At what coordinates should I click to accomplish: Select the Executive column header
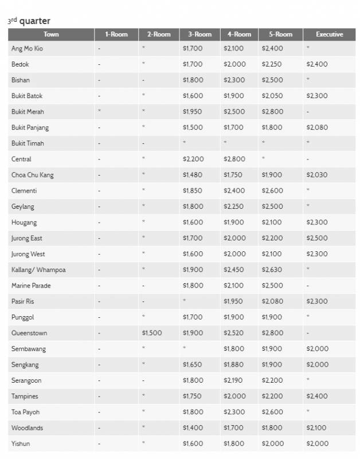pyautogui.click(x=329, y=34)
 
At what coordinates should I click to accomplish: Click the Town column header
pyautogui.click(x=51, y=34)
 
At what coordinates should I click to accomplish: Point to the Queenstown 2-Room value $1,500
pyautogui.click(x=152, y=333)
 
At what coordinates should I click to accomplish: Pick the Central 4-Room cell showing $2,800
pyautogui.click(x=234, y=159)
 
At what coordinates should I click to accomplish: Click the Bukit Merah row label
pyautogui.click(x=28, y=111)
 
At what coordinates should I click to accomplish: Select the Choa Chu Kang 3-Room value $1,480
pyautogui.click(x=192, y=175)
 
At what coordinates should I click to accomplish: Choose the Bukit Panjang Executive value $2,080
pyautogui.click(x=317, y=127)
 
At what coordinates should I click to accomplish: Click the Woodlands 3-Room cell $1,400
pyautogui.click(x=192, y=428)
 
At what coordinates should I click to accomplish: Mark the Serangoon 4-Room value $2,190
pyautogui.click(x=234, y=380)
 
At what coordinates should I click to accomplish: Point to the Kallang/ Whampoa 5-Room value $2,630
pyautogui.click(x=272, y=270)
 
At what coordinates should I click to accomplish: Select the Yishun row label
pyautogui.click(x=21, y=444)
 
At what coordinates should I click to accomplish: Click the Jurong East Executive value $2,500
pyautogui.click(x=317, y=238)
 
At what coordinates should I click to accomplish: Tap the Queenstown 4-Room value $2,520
pyautogui.click(x=234, y=333)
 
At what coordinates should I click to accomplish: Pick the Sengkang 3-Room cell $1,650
pyautogui.click(x=192, y=364)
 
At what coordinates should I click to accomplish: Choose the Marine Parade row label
pyautogui.click(x=29, y=285)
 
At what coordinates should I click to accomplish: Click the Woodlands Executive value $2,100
pyautogui.click(x=317, y=428)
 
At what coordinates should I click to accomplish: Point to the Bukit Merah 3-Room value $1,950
pyautogui.click(x=192, y=111)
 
